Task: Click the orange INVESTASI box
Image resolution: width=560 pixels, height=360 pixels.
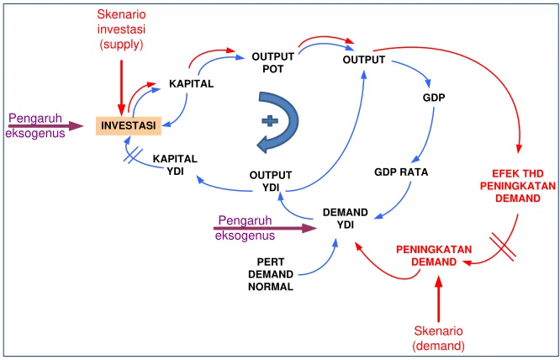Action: [129, 125]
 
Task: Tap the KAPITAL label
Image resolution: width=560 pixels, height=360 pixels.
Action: [192, 84]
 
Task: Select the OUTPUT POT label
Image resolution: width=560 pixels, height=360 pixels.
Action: [273, 63]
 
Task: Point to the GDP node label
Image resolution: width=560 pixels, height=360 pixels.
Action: [434, 98]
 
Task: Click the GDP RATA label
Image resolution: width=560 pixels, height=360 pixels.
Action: [401, 172]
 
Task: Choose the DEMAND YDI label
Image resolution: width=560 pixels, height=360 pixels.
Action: [346, 219]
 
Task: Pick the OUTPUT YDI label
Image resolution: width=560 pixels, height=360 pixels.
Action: [271, 182]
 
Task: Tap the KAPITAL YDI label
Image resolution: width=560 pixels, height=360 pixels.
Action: [175, 165]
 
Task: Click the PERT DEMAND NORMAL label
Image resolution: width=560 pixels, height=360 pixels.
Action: [271, 274]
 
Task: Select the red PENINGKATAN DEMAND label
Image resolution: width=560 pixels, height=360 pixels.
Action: [434, 256]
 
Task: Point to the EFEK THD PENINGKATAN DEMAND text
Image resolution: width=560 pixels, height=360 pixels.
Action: [518, 186]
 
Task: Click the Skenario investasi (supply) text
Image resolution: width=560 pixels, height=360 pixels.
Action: [121, 29]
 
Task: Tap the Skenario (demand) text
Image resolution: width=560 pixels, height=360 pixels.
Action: [439, 338]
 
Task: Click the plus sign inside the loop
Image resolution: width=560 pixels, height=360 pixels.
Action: [270, 121]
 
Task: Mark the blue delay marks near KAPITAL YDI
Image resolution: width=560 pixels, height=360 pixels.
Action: [133, 156]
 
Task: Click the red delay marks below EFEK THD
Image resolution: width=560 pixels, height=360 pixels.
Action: [503, 246]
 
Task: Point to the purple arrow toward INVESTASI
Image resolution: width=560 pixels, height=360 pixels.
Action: [45, 126]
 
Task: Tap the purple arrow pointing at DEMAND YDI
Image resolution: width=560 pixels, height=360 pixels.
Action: [266, 228]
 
